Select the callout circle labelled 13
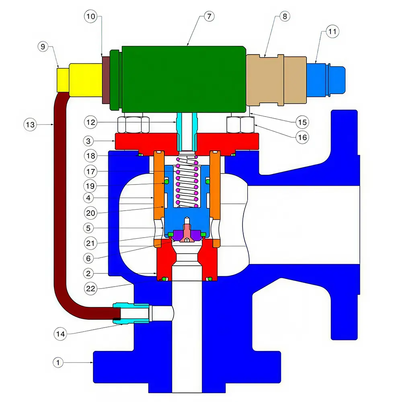[30, 125]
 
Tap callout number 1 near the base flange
[58, 363]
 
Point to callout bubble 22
[90, 288]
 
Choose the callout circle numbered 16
[302, 137]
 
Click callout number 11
[332, 31]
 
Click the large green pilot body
[183, 79]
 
